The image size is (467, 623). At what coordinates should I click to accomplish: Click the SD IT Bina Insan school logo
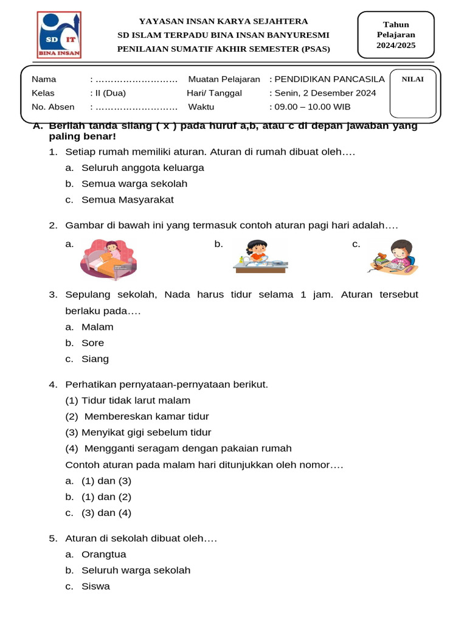[x=59, y=35]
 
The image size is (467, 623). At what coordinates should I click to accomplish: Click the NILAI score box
[x=413, y=94]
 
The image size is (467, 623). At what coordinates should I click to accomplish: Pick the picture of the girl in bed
[x=109, y=256]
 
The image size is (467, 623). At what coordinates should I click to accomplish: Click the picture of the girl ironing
[x=260, y=256]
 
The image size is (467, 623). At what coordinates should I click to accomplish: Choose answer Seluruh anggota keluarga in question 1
[x=143, y=167]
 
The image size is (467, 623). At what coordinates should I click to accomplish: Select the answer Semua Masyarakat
[x=128, y=200]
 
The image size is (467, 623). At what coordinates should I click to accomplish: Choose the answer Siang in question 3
[x=95, y=359]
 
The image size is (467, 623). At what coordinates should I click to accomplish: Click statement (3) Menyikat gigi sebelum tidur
[x=138, y=433]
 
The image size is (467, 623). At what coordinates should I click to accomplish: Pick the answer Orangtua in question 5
[x=104, y=554]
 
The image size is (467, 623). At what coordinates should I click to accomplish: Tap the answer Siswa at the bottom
[x=96, y=586]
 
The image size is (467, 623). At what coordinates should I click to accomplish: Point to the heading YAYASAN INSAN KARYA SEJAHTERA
[x=224, y=21]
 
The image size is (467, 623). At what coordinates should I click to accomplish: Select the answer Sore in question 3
[x=93, y=343]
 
